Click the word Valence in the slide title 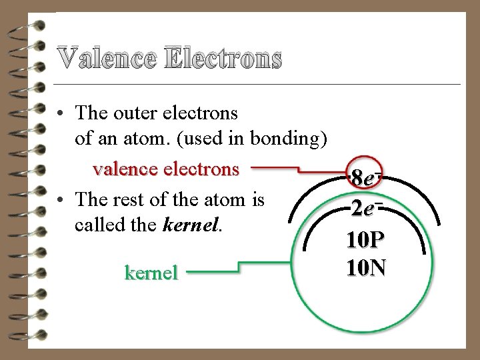106,59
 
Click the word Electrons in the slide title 222,59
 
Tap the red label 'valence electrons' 166,169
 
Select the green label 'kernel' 151,273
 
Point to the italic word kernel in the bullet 190,225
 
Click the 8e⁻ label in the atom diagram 366,179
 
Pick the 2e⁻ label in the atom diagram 366,209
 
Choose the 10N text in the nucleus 366,267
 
